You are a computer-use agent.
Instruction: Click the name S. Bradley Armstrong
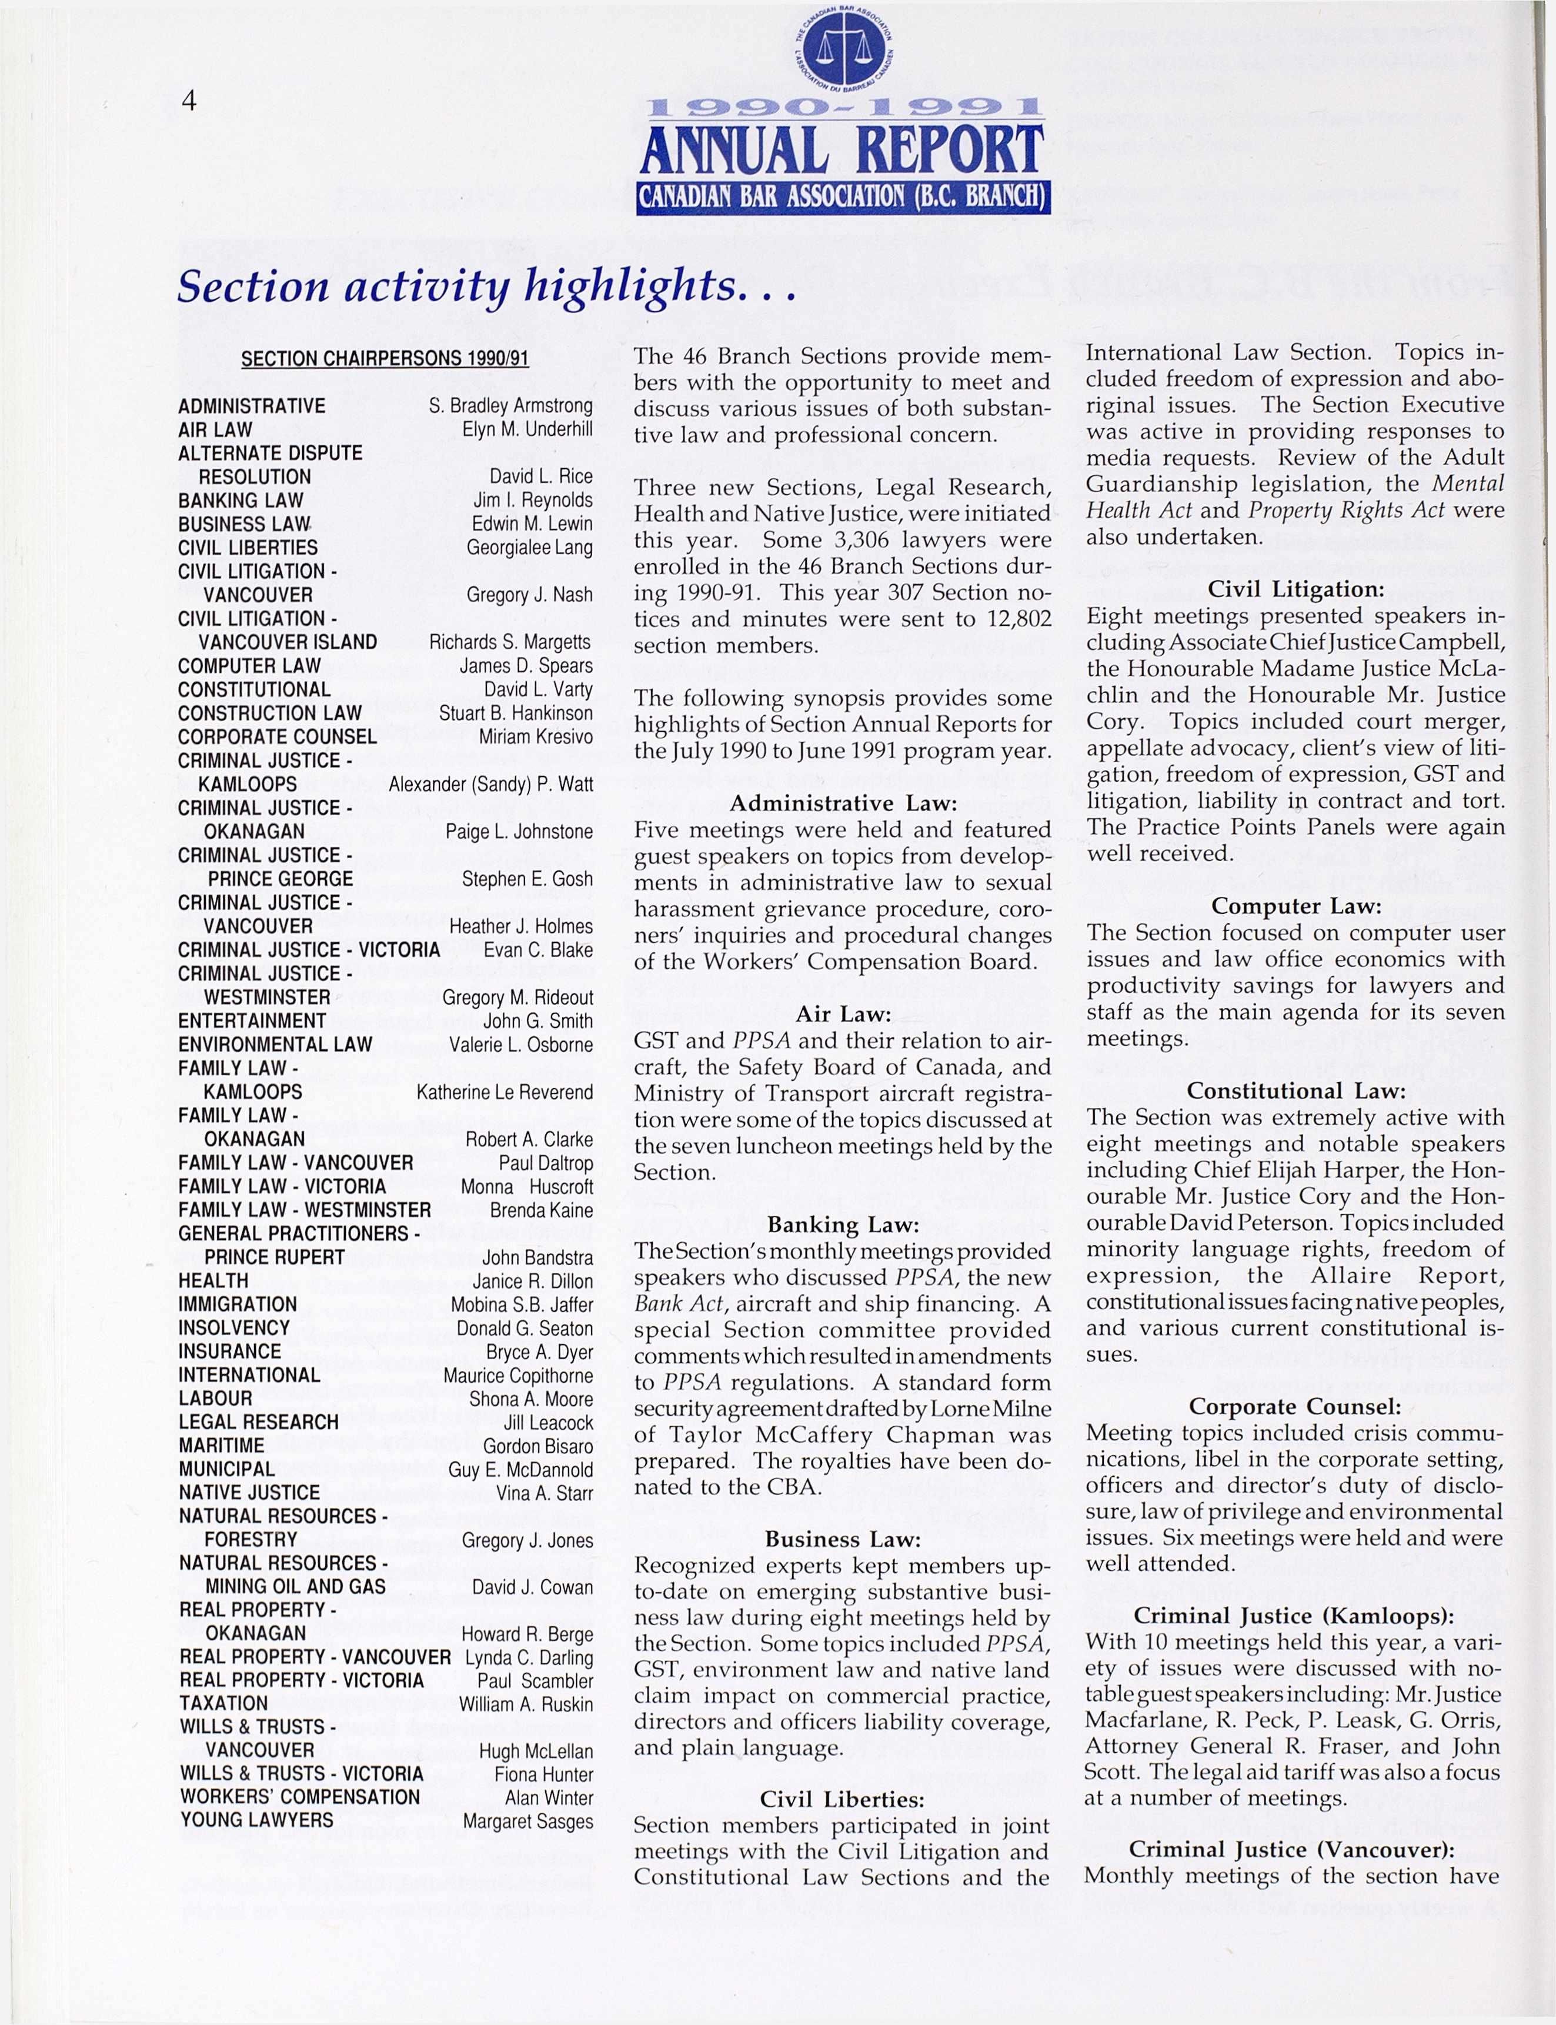click(x=510, y=406)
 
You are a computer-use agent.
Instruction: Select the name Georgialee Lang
click(x=530, y=548)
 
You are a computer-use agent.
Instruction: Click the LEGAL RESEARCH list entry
click(x=258, y=1422)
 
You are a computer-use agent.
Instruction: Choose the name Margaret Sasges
click(x=528, y=1821)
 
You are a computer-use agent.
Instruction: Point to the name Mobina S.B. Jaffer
click(x=522, y=1305)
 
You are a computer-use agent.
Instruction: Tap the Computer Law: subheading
click(x=1295, y=905)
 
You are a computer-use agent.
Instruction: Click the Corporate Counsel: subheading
click(x=1295, y=1406)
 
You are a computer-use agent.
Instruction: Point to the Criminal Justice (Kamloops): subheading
click(x=1294, y=1616)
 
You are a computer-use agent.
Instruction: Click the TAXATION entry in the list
click(x=223, y=1703)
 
